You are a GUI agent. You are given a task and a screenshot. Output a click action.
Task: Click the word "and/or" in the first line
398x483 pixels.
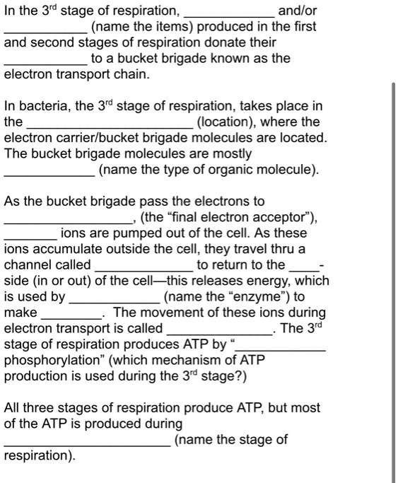point(298,11)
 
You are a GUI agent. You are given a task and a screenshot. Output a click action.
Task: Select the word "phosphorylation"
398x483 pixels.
point(54,359)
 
